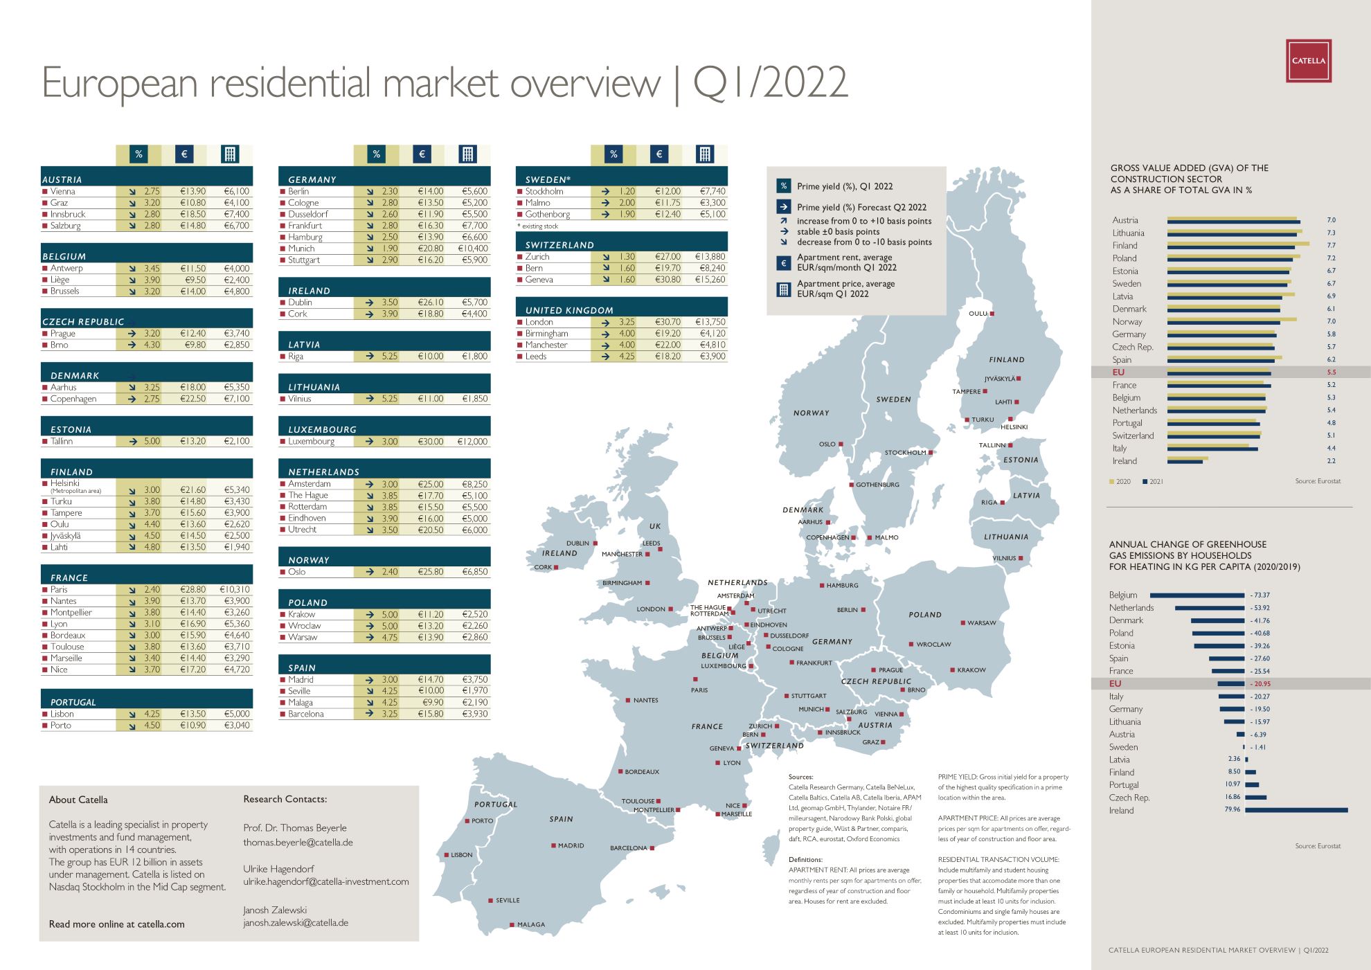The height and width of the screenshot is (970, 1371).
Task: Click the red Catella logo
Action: [1308, 61]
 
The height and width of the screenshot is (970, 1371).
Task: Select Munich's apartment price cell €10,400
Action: [473, 249]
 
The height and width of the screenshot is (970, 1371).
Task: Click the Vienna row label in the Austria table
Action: [63, 192]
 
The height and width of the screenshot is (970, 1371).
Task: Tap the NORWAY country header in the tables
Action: [309, 560]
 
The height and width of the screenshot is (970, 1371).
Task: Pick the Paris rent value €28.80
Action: [193, 590]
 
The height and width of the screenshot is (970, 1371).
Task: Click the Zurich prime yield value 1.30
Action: [627, 257]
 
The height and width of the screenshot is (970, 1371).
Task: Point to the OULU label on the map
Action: [977, 314]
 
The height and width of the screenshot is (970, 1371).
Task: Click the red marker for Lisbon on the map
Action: [447, 855]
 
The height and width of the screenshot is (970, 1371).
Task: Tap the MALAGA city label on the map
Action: [531, 925]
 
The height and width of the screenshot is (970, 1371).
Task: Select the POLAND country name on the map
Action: [925, 615]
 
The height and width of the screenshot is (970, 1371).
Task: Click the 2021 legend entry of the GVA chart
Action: [1153, 482]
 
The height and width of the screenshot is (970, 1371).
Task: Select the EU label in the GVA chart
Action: [1118, 372]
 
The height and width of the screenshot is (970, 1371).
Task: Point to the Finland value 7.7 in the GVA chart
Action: [1331, 246]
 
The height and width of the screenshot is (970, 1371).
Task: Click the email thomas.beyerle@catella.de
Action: [298, 843]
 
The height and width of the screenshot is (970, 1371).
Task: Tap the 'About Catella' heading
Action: [78, 800]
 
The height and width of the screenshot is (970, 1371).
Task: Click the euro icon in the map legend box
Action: [783, 263]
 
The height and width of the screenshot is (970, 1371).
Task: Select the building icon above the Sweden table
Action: [704, 154]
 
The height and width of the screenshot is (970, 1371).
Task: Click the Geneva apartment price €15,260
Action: [710, 280]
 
